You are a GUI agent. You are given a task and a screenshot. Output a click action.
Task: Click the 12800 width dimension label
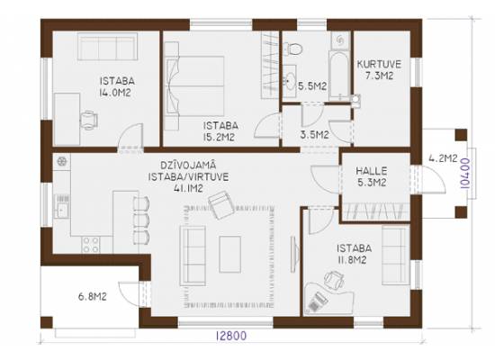(x=231, y=336)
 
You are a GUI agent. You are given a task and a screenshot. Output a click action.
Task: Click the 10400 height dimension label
(x=465, y=174)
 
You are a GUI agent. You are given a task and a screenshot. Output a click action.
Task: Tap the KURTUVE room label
(x=379, y=64)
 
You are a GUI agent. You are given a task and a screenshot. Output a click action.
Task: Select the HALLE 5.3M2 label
(x=372, y=176)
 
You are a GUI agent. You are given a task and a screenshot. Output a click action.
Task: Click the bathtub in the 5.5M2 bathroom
(x=339, y=76)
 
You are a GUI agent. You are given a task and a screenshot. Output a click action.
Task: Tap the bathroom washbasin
(x=289, y=79)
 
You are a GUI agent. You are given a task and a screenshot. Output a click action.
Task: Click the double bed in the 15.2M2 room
(x=194, y=85)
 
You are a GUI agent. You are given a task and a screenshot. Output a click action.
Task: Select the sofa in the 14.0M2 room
(x=107, y=47)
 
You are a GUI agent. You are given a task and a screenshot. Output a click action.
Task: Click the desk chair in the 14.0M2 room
(x=88, y=120)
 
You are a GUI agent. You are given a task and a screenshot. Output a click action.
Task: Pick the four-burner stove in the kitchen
(x=91, y=245)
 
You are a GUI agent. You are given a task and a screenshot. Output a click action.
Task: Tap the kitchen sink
(x=62, y=207)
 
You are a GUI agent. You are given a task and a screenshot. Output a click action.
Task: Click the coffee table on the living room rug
(x=230, y=254)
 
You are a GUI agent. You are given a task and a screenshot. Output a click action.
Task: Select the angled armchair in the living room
(x=221, y=204)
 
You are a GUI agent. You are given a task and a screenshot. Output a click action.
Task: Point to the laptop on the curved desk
(x=317, y=301)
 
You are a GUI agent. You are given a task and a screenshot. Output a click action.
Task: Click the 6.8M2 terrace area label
(x=92, y=297)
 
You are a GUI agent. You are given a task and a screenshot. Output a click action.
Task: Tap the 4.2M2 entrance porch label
(x=443, y=158)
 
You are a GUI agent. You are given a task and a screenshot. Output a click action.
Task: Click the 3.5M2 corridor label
(x=314, y=135)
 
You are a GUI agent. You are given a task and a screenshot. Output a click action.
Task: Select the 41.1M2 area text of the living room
(x=188, y=188)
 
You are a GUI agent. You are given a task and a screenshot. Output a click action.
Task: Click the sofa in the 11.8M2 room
(x=396, y=256)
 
